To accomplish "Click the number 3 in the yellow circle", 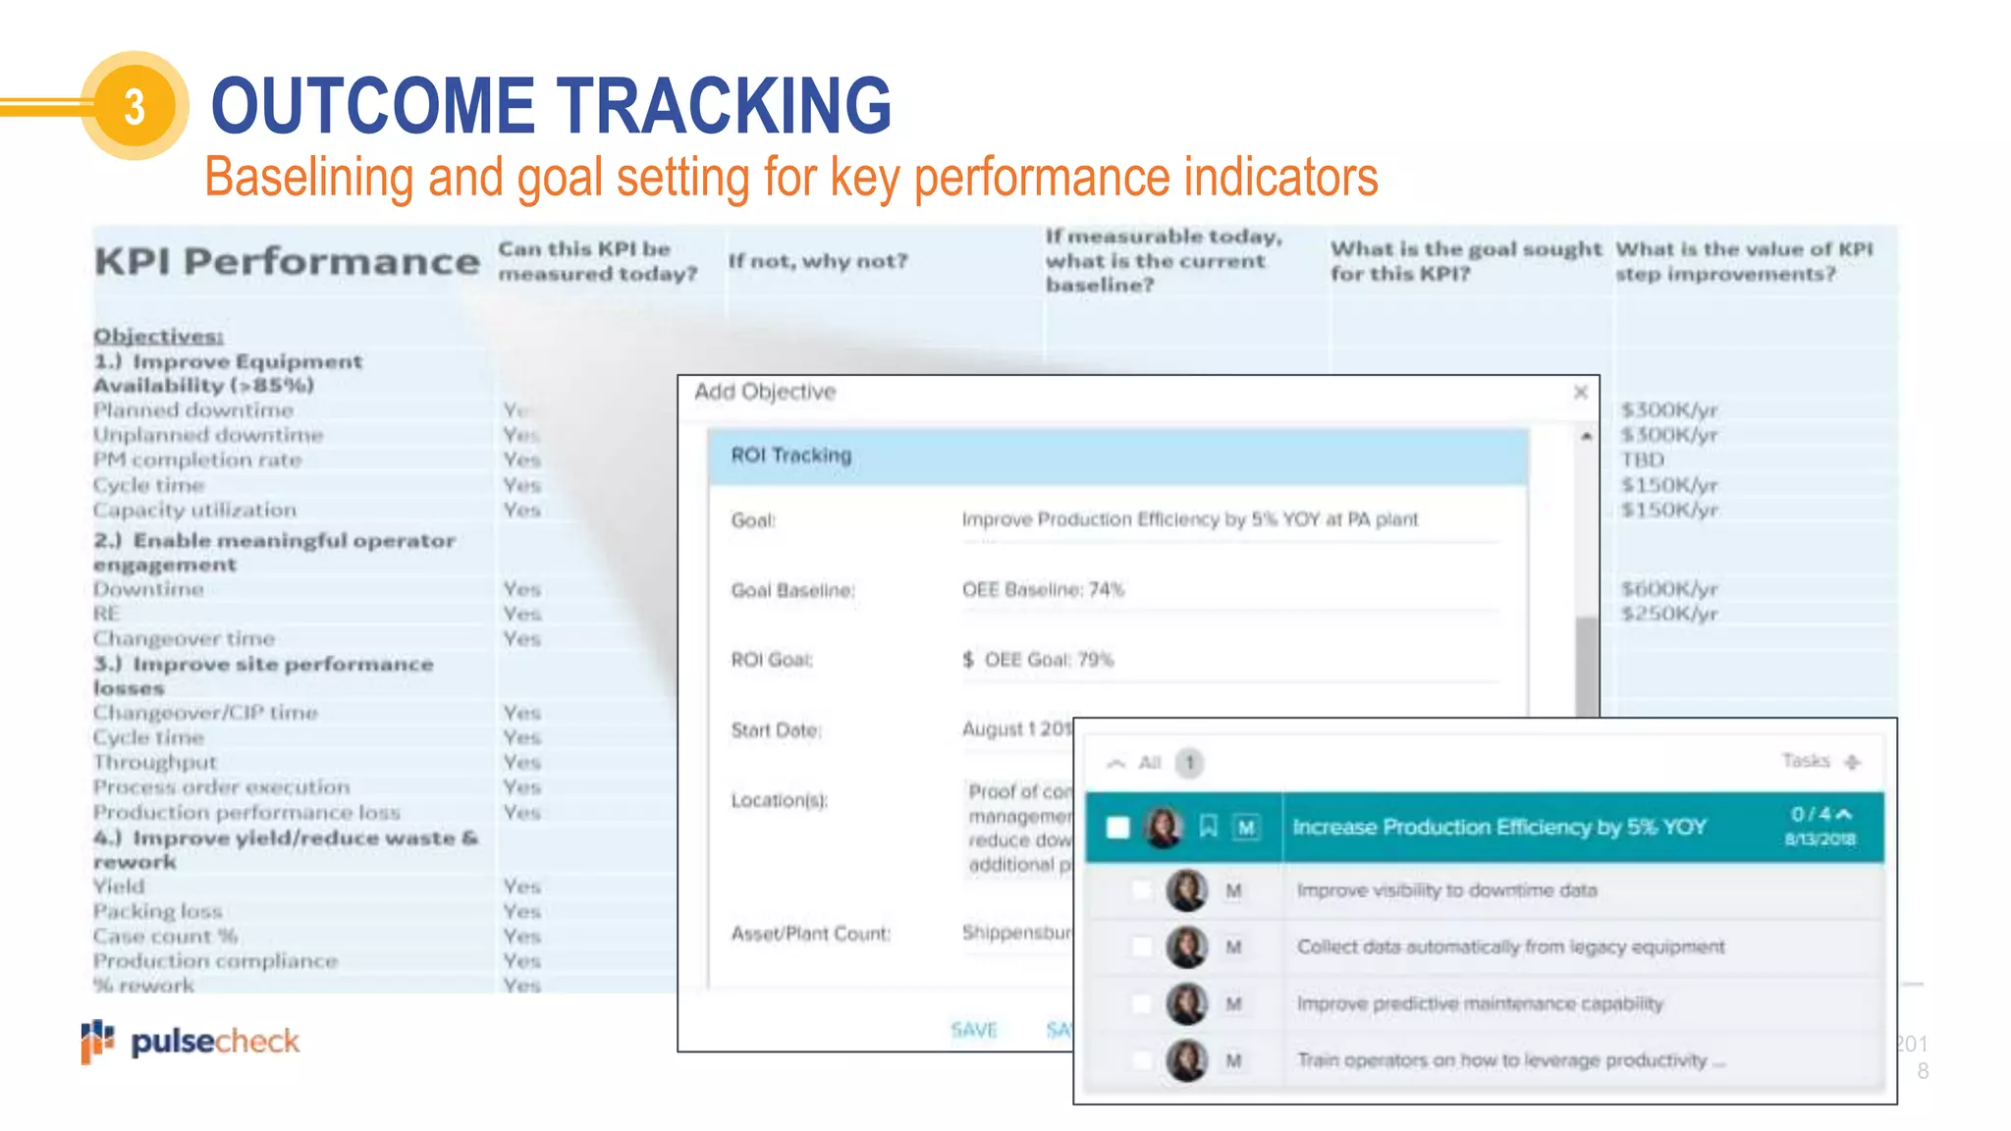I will click(135, 106).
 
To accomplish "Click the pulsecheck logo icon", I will click(96, 1041).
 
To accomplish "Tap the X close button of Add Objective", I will click(1580, 393).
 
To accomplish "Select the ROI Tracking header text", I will click(790, 456).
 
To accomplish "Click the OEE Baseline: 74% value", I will click(1042, 590).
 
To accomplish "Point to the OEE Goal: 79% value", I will click(1048, 660).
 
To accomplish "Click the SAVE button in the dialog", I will click(973, 1029).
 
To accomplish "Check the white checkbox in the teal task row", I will click(1117, 827).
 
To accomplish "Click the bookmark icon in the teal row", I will click(1208, 827).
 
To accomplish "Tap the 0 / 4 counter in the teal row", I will click(1811, 814).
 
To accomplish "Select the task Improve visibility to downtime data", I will click(1446, 890).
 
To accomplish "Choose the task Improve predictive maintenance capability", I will click(1479, 1003).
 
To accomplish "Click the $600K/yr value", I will click(1668, 589).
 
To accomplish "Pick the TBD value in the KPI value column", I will click(1643, 459).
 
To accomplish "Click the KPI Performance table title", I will click(287, 261).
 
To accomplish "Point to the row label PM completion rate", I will click(197, 459).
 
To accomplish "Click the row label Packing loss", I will click(157, 911).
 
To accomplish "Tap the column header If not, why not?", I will click(818, 261).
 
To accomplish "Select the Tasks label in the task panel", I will click(1805, 761).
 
